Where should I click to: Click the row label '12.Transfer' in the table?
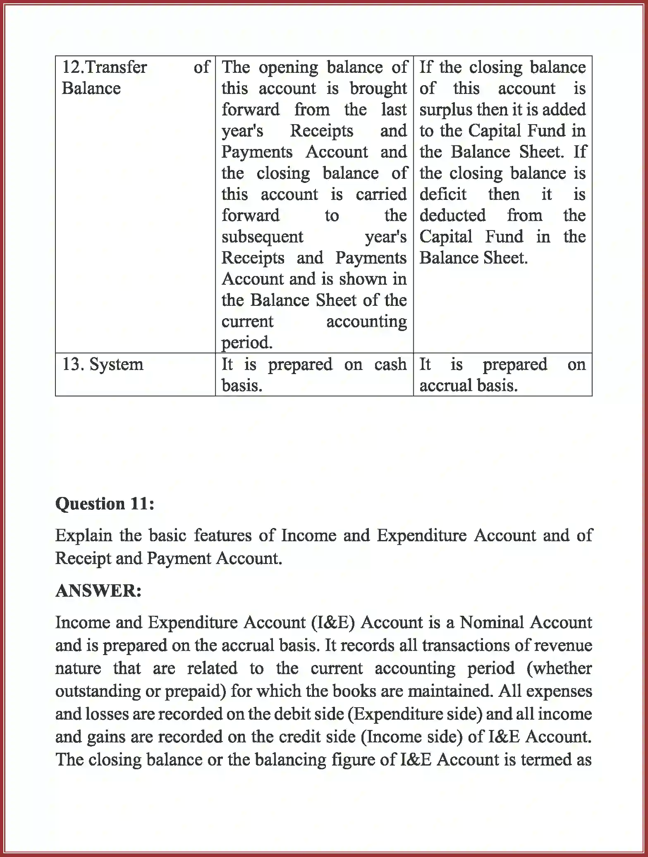[104, 67]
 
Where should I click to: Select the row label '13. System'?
[103, 365]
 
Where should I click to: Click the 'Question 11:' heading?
[105, 504]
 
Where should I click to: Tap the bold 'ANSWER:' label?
[98, 591]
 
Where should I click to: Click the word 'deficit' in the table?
[443, 194]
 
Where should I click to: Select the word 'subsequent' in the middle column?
[262, 237]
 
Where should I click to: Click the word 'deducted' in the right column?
[452, 216]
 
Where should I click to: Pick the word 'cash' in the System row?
[390, 365]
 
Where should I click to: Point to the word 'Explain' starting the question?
[84, 535]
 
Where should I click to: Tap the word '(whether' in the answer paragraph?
[559, 668]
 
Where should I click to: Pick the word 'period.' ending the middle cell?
[247, 343]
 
